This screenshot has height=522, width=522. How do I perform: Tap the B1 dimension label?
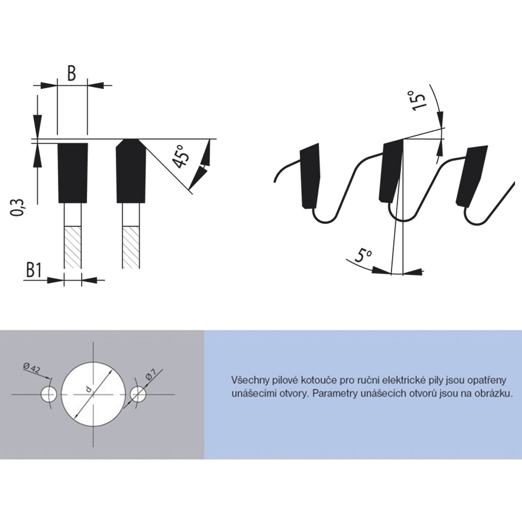[34, 271]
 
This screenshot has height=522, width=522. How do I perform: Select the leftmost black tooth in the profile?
[310, 176]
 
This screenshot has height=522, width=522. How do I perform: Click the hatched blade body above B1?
[72, 247]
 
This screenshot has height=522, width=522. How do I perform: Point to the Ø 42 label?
[31, 369]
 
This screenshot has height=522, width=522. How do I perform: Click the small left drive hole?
[49, 394]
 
